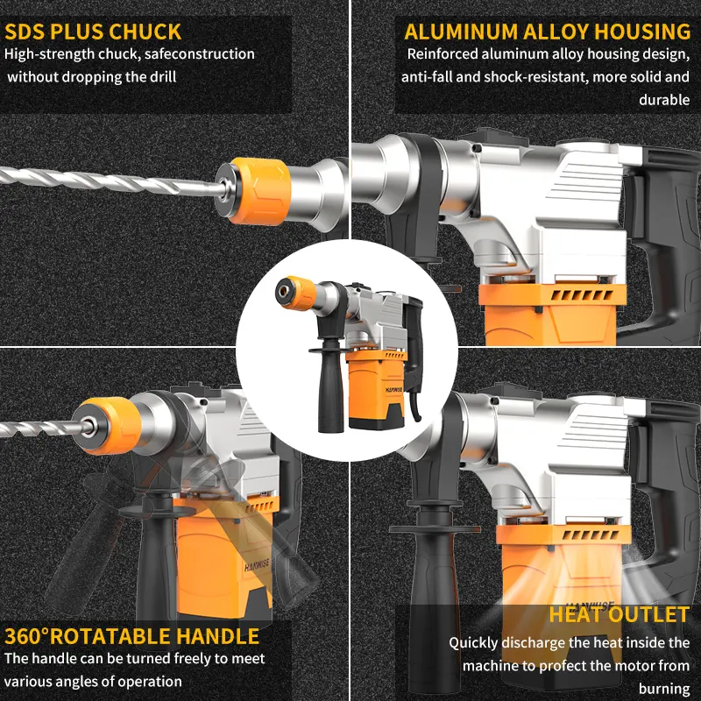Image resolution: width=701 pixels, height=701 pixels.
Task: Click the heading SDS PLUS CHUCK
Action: pos(93,32)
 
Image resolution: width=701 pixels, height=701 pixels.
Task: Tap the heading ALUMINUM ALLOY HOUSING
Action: pos(547,32)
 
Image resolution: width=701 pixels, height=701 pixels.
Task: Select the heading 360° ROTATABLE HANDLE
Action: pos(132,636)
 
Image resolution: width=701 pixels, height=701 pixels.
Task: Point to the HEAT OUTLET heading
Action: pos(619,614)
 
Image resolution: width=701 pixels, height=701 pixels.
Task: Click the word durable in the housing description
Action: pos(664,100)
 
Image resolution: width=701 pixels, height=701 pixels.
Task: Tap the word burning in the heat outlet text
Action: pos(664,689)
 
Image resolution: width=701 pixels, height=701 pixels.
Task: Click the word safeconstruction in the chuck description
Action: pos(200,54)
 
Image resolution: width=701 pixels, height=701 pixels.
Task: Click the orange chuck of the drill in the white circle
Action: pos(299,293)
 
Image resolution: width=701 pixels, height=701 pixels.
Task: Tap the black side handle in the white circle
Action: pos(330,385)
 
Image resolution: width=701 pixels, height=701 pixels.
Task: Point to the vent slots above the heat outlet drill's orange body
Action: pos(590,535)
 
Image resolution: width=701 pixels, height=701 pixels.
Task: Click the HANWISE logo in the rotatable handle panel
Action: pos(257,565)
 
